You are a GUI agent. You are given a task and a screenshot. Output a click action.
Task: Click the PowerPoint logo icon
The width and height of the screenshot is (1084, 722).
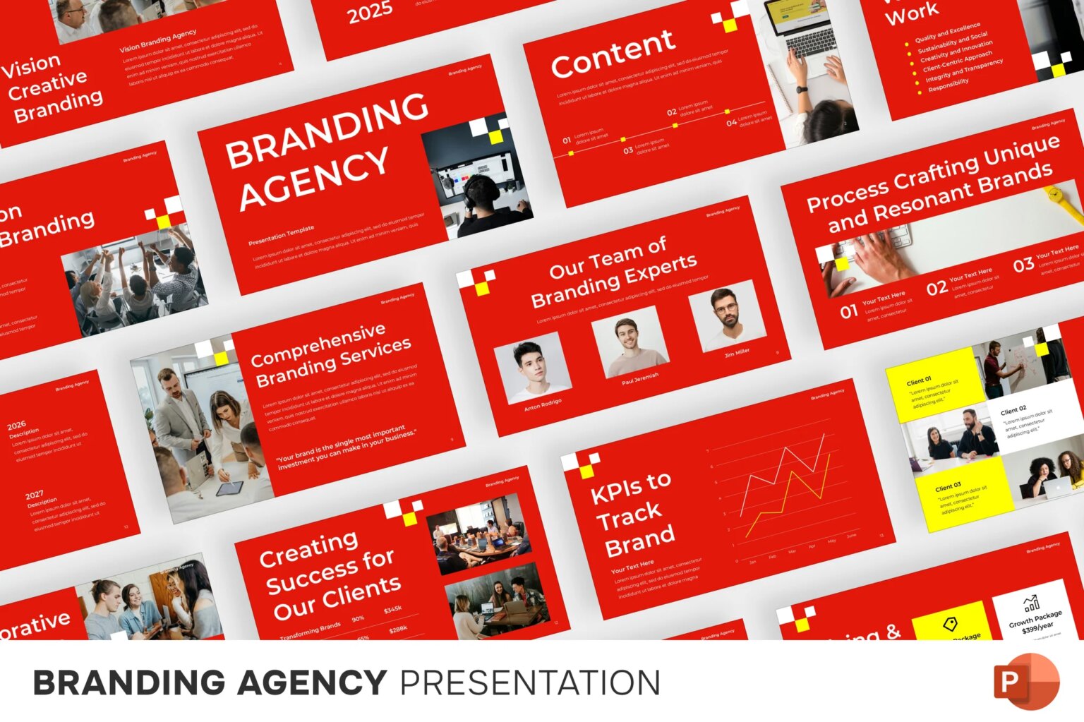(1026, 682)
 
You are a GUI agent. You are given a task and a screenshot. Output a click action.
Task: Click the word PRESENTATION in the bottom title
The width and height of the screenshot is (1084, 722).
(530, 683)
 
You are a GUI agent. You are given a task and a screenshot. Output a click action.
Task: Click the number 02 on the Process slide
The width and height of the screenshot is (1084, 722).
(937, 287)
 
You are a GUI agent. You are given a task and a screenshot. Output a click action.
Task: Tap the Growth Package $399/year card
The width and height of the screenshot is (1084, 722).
(1034, 614)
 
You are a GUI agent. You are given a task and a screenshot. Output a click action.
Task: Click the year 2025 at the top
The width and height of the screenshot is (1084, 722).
(370, 12)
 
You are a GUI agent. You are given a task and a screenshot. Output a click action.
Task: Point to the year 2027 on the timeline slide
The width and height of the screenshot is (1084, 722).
(35, 495)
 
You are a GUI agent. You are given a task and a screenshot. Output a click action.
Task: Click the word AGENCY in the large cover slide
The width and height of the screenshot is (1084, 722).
(314, 179)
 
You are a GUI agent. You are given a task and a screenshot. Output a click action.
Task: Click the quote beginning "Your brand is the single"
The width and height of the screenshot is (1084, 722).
(346, 447)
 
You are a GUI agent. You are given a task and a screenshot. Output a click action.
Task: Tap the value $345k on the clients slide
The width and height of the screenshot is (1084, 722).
(392, 609)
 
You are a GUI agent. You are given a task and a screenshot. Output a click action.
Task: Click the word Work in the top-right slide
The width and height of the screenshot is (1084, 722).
(912, 12)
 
